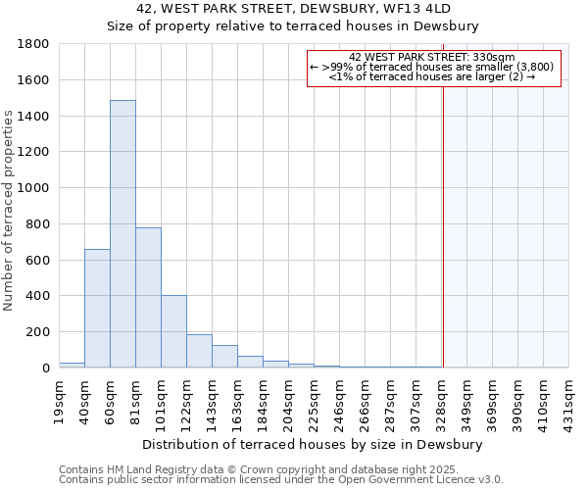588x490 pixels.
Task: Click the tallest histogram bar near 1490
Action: click(x=122, y=234)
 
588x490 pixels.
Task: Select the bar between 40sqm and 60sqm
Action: click(x=97, y=308)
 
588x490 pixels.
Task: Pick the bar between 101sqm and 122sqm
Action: click(x=173, y=331)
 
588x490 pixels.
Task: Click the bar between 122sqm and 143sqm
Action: click(x=199, y=351)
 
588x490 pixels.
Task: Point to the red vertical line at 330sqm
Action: click(x=443, y=225)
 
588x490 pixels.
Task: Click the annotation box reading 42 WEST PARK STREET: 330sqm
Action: click(x=434, y=68)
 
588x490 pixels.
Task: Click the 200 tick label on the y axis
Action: click(x=38, y=332)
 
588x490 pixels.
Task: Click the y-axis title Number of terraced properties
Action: click(x=10, y=210)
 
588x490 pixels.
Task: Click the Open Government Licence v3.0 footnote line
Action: click(x=281, y=480)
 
